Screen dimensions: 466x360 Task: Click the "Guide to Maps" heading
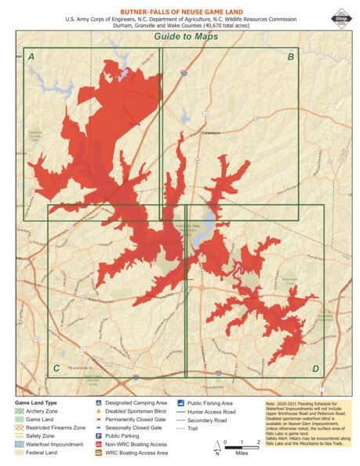pyautogui.click(x=180, y=36)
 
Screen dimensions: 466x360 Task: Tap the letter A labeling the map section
pyautogui.click(x=31, y=57)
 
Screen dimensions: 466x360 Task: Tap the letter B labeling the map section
pyautogui.click(x=290, y=57)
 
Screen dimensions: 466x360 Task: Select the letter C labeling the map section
pyautogui.click(x=56, y=368)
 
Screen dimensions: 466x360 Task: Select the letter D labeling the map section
pyautogui.click(x=315, y=368)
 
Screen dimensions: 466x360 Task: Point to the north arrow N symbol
pyautogui.click(x=217, y=450)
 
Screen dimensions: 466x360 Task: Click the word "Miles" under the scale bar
pyautogui.click(x=242, y=453)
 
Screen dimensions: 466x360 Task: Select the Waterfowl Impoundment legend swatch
pyautogui.click(x=19, y=445)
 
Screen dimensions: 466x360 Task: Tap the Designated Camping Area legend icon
pyautogui.click(x=99, y=402)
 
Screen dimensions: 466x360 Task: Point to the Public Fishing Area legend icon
pyautogui.click(x=180, y=402)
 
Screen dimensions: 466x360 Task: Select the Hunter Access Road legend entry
pyautogui.click(x=212, y=411)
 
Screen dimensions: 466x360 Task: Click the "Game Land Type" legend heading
pyautogui.click(x=36, y=402)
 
